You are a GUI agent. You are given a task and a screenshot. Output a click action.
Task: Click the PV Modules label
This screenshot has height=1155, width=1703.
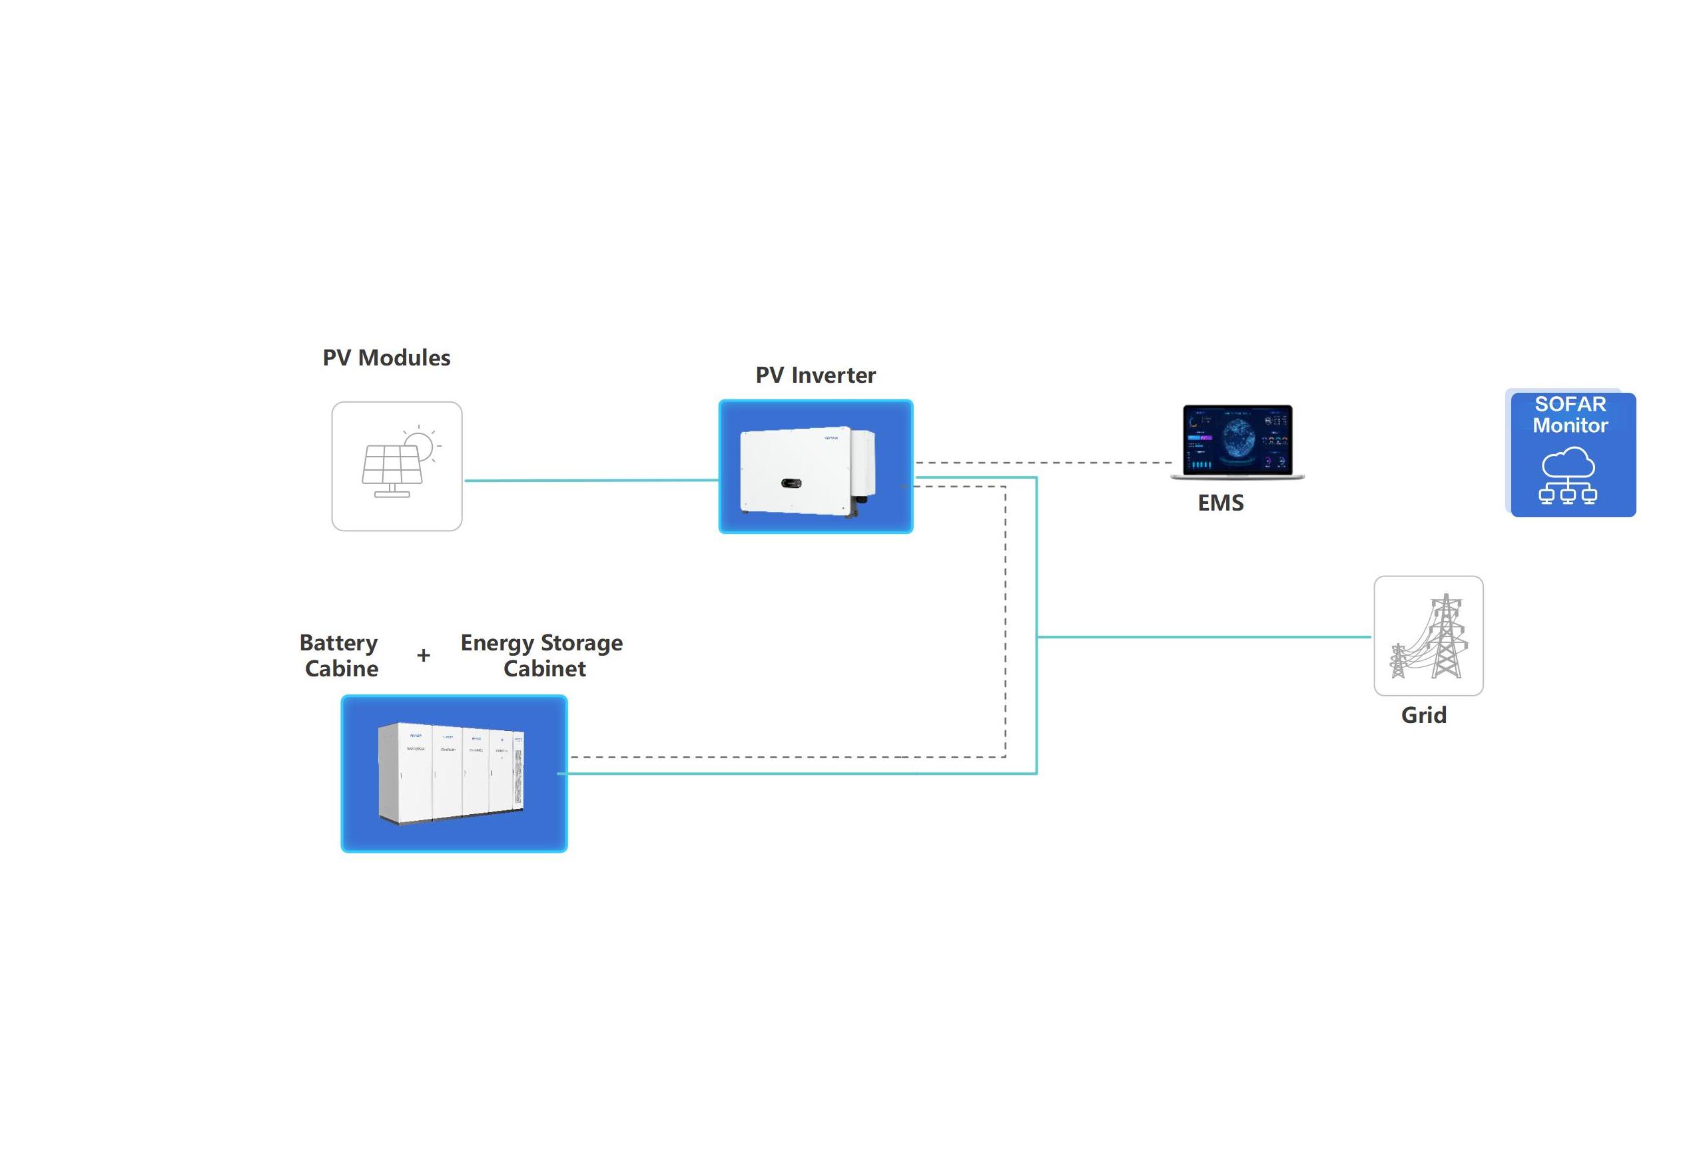(x=386, y=358)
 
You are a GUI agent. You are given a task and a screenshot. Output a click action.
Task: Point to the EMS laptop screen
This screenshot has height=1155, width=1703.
(x=1237, y=440)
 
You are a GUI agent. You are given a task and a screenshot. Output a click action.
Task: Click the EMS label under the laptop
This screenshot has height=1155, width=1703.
(x=1220, y=503)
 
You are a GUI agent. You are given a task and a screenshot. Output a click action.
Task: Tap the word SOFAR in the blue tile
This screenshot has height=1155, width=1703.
(x=1570, y=404)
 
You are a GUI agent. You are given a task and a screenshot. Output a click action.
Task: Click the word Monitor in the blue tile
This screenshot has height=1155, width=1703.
(x=1570, y=425)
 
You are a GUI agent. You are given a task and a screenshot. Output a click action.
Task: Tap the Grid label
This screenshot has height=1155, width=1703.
(x=1423, y=715)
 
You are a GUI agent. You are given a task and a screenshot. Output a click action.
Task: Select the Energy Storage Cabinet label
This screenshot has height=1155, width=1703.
(x=542, y=656)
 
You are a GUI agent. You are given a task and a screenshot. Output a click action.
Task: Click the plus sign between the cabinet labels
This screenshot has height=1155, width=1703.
(x=424, y=656)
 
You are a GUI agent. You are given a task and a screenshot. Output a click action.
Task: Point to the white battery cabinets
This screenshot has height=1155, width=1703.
(x=452, y=773)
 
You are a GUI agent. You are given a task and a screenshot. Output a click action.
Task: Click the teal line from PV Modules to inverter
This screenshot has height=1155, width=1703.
(x=590, y=481)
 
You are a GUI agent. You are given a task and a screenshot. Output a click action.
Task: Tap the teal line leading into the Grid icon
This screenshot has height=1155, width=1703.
(x=1201, y=637)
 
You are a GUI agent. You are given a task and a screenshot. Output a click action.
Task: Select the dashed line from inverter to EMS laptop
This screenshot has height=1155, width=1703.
(x=1040, y=463)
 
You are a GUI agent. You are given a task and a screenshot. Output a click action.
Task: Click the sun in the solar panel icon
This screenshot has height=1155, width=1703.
(x=419, y=445)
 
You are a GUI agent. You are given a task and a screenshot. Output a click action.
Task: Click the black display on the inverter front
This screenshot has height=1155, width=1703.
(x=791, y=483)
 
